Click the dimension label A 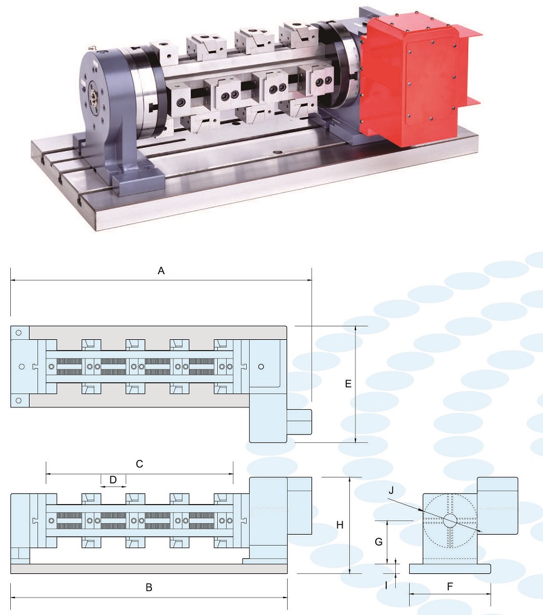[161, 270]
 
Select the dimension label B [149, 588]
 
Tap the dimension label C [139, 464]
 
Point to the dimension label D [113, 480]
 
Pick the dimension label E [348, 384]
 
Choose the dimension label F [449, 587]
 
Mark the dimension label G [379, 541]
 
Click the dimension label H [340, 525]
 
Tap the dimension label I [386, 585]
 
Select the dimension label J [391, 491]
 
